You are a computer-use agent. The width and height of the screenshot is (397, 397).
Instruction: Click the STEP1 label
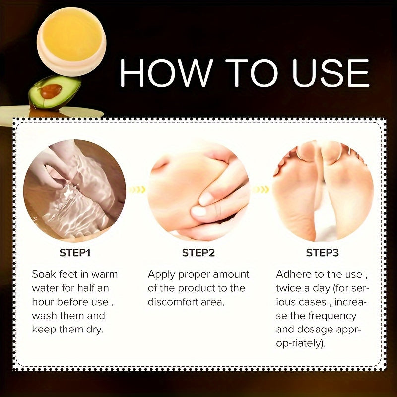pos(75,253)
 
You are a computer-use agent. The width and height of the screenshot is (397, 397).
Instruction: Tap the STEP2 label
pos(198,253)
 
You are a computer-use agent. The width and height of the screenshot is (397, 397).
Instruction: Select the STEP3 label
pos(322,253)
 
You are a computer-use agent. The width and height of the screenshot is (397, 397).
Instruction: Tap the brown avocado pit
pos(51,91)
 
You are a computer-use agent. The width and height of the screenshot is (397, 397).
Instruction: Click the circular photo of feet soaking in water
pos(74,191)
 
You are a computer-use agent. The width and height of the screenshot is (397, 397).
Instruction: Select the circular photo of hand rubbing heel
pos(198,191)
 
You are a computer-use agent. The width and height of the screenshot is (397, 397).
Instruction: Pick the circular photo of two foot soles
pos(323,191)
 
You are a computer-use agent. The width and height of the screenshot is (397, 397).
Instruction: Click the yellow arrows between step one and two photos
pos(136,189)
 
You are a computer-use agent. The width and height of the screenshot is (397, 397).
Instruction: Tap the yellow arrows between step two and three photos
pos(261,189)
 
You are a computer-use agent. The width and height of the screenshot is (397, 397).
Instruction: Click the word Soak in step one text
pos(44,274)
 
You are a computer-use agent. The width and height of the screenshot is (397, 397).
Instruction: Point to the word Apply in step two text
pos(161,274)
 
